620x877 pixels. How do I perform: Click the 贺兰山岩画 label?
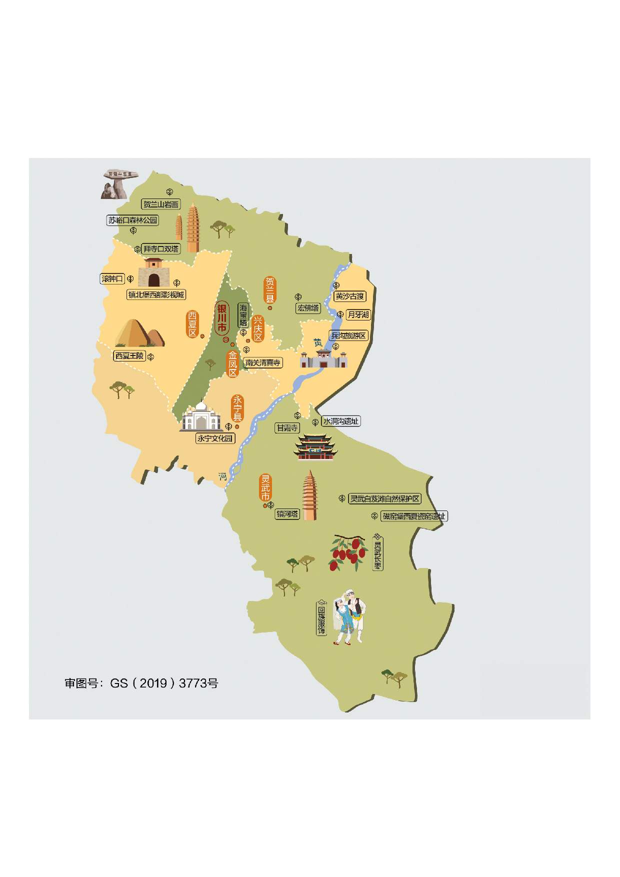click(160, 204)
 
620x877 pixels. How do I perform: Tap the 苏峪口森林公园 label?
click(132, 220)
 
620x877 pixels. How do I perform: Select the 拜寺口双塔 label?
click(160, 248)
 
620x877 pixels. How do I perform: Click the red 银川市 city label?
click(221, 318)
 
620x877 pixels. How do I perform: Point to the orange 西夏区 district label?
click(192, 324)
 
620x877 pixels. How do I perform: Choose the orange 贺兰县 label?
click(270, 290)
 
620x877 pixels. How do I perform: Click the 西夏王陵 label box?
click(129, 355)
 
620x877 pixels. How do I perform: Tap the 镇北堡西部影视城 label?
click(156, 294)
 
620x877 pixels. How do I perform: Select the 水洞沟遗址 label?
click(340, 421)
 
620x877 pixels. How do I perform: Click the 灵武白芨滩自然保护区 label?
click(384, 498)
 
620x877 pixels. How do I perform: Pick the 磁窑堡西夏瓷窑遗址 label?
click(414, 516)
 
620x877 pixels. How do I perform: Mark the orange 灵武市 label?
click(265, 487)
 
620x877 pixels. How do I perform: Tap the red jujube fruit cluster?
click(347, 552)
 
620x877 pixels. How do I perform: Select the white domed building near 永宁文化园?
click(201, 416)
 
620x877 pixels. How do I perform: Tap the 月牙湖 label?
click(358, 314)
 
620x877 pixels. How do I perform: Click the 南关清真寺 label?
click(263, 362)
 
